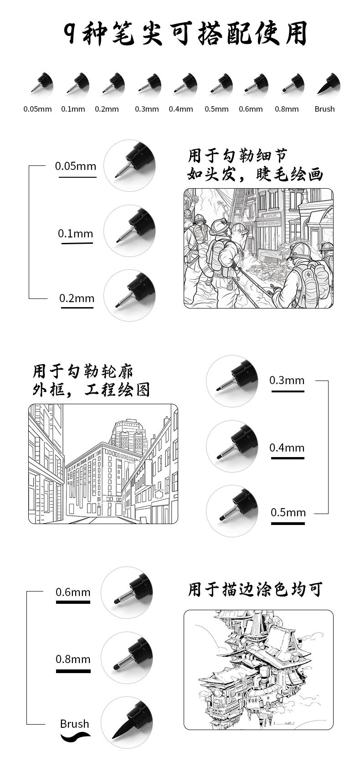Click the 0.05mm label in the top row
37,109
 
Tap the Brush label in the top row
324,109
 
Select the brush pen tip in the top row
328,84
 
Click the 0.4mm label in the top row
181,109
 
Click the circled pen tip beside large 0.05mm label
129,165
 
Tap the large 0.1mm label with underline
75,234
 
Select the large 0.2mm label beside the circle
77,298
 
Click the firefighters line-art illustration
258,248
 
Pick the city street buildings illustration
103,463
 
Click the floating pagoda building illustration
258,669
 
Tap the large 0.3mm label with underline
287,380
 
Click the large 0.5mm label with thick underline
288,512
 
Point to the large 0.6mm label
73,592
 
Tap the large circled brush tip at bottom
127,723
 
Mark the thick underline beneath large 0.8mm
73,671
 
